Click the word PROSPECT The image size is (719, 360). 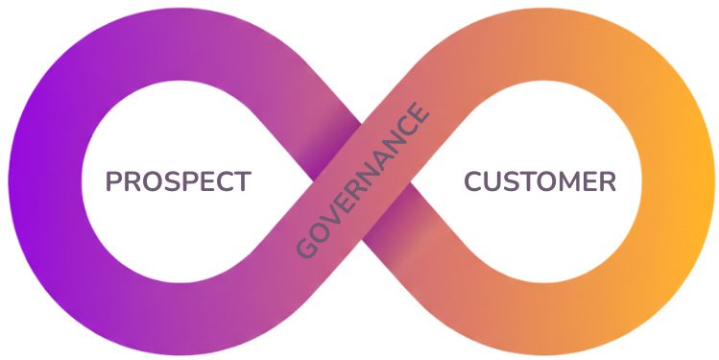[x=178, y=181]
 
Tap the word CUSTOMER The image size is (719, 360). [x=540, y=181]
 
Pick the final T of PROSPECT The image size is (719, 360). [x=242, y=181]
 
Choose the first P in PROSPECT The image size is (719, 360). [x=115, y=181]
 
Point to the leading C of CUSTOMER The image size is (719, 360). [x=475, y=181]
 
